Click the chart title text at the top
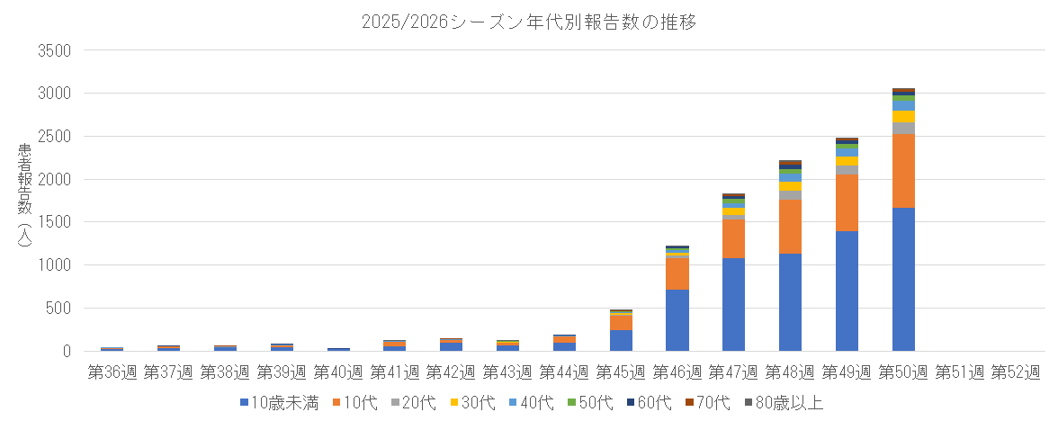[x=529, y=22]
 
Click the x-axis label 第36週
[x=112, y=371]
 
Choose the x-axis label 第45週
[x=621, y=371]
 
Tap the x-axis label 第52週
[x=1017, y=371]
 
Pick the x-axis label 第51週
[x=960, y=371]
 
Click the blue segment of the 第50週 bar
[x=903, y=279]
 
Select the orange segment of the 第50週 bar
[x=903, y=171]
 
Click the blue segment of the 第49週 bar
[x=847, y=291]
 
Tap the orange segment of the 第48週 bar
[x=790, y=226]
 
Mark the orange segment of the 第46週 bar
[x=677, y=273]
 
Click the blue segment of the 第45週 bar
[x=621, y=340]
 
